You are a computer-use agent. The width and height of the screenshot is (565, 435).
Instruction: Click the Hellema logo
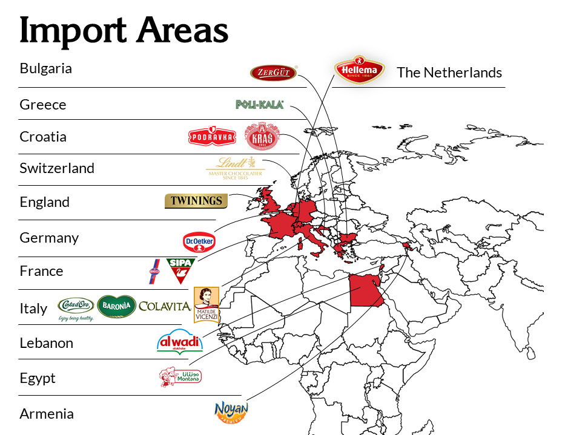point(360,70)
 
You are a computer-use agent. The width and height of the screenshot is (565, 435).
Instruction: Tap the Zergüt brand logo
point(273,73)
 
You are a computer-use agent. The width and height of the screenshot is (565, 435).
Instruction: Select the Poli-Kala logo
point(259,105)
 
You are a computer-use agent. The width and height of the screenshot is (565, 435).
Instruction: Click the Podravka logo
point(212,137)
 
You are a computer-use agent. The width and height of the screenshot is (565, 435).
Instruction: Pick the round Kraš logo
point(262,137)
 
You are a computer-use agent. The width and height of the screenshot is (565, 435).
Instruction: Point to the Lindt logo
point(235,168)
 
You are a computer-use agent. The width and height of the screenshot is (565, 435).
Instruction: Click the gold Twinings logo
point(196,201)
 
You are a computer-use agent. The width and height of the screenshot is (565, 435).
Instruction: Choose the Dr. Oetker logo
point(199,241)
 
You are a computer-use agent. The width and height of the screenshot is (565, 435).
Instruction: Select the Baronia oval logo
point(116,306)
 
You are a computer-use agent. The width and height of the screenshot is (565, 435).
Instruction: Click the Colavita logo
point(165,306)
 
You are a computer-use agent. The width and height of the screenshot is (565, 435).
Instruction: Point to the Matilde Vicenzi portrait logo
point(206,305)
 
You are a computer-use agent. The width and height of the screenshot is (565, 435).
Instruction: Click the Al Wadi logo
point(180,342)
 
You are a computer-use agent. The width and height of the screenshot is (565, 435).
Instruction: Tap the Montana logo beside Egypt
point(180,378)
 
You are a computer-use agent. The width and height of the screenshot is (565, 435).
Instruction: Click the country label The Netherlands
point(449,73)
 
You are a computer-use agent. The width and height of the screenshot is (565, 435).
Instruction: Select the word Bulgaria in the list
point(45,68)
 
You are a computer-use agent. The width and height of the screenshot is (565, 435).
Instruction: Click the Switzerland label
point(57,168)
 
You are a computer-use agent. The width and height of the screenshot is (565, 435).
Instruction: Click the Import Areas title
point(124,30)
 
